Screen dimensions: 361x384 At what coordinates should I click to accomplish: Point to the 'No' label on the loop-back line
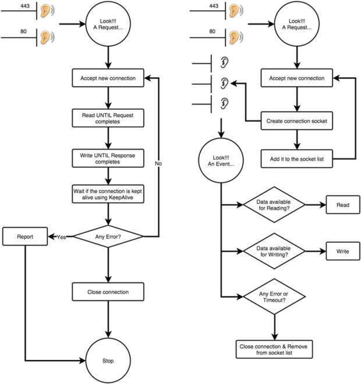tap(158, 163)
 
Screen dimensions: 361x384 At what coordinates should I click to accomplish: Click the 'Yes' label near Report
tap(61, 237)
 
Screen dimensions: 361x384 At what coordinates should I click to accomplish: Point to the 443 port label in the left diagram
tap(25, 6)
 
